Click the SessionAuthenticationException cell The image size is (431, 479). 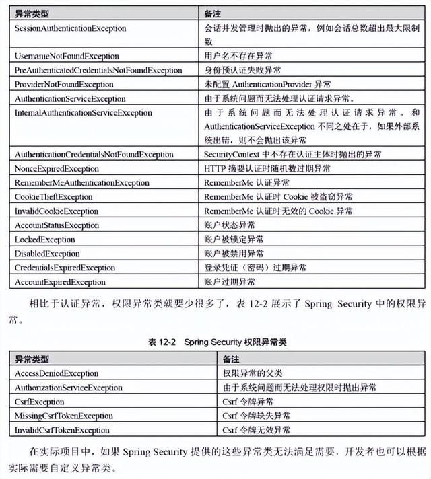(71, 28)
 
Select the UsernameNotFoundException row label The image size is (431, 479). (67, 57)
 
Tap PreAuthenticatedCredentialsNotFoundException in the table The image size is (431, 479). (98, 71)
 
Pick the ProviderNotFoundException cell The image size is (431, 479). (64, 85)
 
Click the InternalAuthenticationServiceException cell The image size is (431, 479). (84, 113)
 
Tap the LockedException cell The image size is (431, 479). (45, 239)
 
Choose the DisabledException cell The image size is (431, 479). (47, 254)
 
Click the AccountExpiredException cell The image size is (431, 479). (60, 282)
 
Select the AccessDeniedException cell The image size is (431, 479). (57, 373)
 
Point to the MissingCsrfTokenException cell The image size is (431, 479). (64, 416)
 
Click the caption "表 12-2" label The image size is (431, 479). (162, 342)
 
